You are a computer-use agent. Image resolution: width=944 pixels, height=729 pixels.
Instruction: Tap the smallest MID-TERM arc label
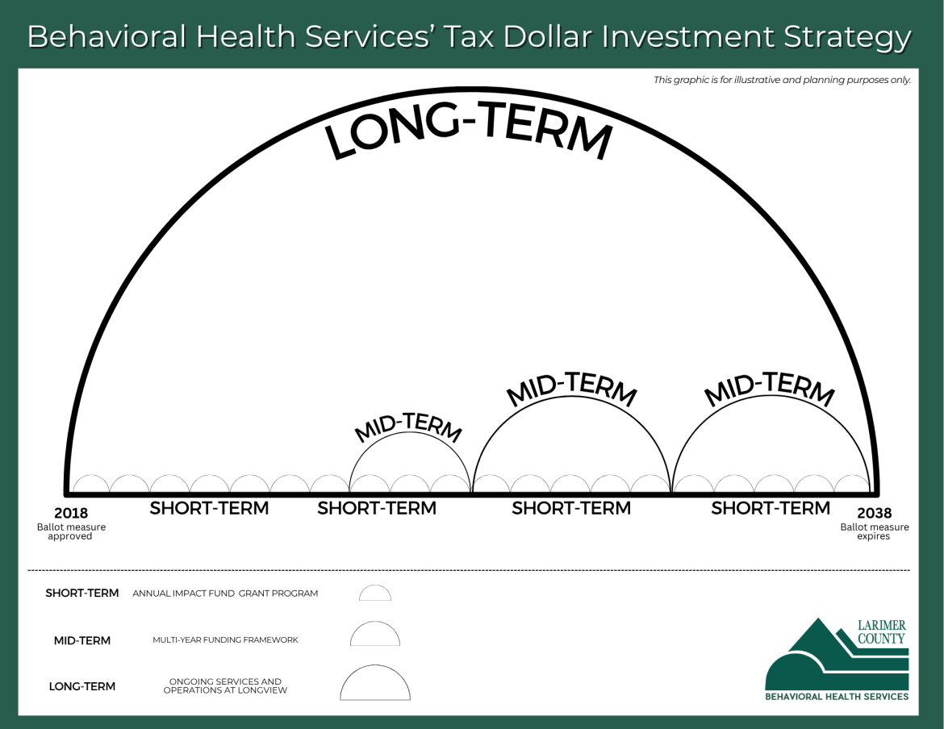pyautogui.click(x=409, y=427)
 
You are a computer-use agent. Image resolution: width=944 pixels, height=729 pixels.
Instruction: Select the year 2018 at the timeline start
pyautogui.click(x=71, y=513)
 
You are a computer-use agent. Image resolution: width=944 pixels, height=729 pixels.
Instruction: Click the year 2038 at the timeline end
pyautogui.click(x=874, y=513)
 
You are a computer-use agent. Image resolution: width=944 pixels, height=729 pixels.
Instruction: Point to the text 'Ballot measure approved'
pyautogui.click(x=71, y=532)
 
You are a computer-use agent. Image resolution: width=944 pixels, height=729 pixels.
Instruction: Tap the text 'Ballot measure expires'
pyautogui.click(x=874, y=532)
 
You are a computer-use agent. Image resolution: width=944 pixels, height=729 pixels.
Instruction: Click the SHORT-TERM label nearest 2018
pyautogui.click(x=209, y=509)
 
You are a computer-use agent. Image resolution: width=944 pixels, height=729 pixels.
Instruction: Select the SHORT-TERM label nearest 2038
pyautogui.click(x=770, y=509)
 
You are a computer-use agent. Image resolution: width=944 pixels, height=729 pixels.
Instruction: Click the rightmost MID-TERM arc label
pyautogui.click(x=769, y=389)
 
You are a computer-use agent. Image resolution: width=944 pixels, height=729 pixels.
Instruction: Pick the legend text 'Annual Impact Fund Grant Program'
pyautogui.click(x=225, y=594)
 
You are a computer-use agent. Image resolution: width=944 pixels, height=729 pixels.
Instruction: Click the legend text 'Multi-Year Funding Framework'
pyautogui.click(x=225, y=640)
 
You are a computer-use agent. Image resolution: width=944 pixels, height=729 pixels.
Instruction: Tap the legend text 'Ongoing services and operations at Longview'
pyautogui.click(x=225, y=686)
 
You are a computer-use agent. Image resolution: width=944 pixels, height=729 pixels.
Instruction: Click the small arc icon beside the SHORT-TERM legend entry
pyautogui.click(x=375, y=594)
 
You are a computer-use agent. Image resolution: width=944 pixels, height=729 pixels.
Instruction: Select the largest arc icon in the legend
pyautogui.click(x=375, y=684)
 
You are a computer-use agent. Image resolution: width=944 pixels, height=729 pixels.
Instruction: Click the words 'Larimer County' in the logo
pyautogui.click(x=881, y=632)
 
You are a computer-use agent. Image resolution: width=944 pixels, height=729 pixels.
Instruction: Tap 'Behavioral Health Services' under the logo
pyautogui.click(x=837, y=697)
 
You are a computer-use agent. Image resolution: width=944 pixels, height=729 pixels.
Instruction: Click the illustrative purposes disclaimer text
pyautogui.click(x=782, y=80)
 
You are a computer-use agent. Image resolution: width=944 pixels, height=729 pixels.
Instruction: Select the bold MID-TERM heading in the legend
pyautogui.click(x=82, y=641)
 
